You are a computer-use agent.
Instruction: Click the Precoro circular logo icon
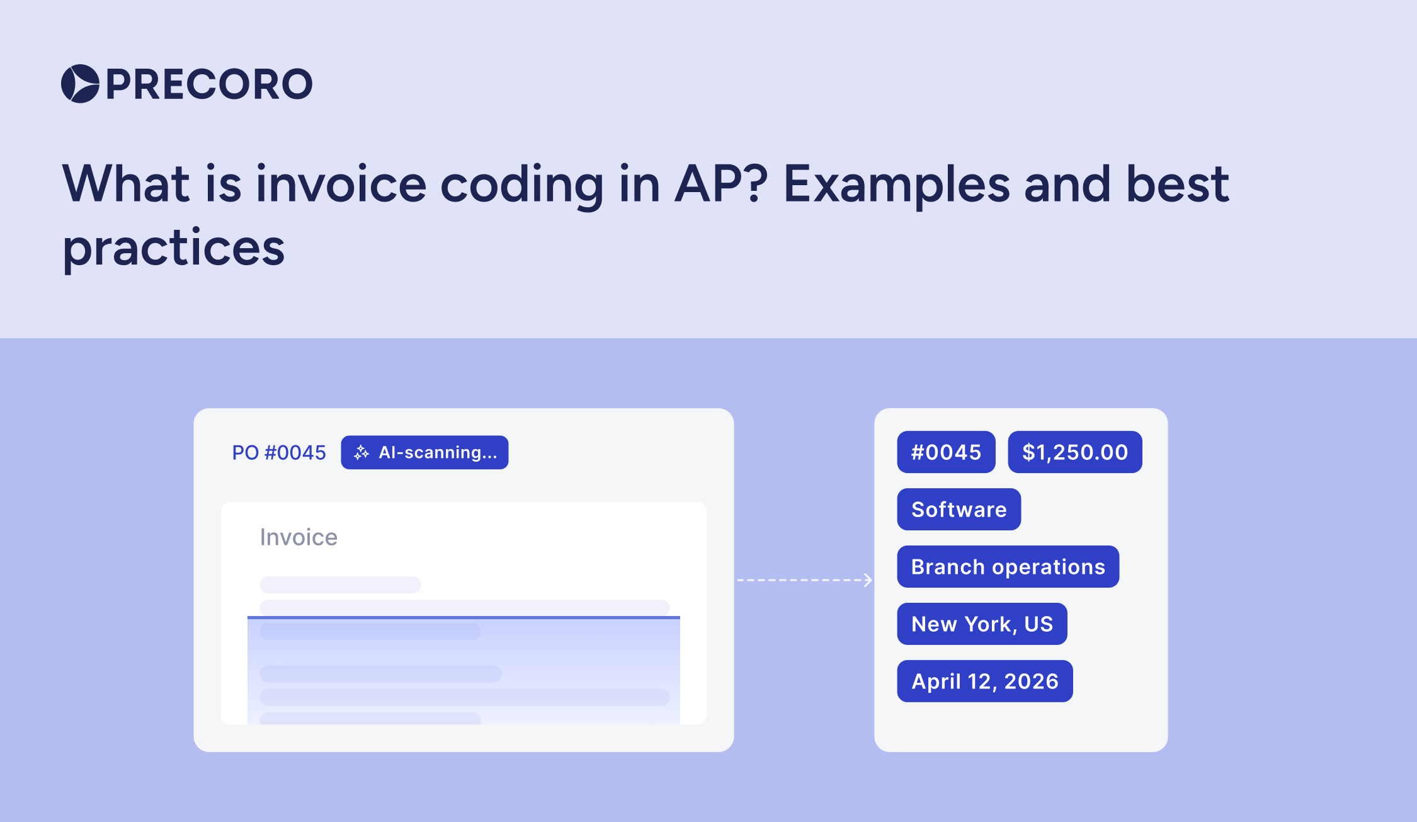tap(80, 84)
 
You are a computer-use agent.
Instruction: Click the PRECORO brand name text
tap(209, 84)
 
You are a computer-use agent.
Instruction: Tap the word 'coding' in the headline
tap(521, 184)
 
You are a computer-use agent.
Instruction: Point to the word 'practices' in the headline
tap(174, 248)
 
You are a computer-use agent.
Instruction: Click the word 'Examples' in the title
tap(896, 184)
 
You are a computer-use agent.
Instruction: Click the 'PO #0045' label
tap(279, 452)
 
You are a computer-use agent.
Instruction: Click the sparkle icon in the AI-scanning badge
tap(361, 452)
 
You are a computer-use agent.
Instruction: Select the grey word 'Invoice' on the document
tap(299, 537)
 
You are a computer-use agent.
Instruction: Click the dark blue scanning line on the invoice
tap(464, 617)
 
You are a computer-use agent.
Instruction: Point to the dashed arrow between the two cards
tap(804, 579)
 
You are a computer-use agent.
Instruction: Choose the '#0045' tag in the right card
tap(946, 452)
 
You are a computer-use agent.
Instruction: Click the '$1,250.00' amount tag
tap(1074, 452)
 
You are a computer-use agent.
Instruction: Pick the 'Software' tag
tap(959, 510)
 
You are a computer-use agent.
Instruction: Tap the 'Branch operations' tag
tap(1008, 567)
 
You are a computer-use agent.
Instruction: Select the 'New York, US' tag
tap(982, 624)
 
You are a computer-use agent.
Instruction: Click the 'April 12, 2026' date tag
tap(984, 682)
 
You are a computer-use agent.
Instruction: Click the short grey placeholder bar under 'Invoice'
tap(340, 585)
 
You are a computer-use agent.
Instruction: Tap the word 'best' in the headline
tap(1177, 184)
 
